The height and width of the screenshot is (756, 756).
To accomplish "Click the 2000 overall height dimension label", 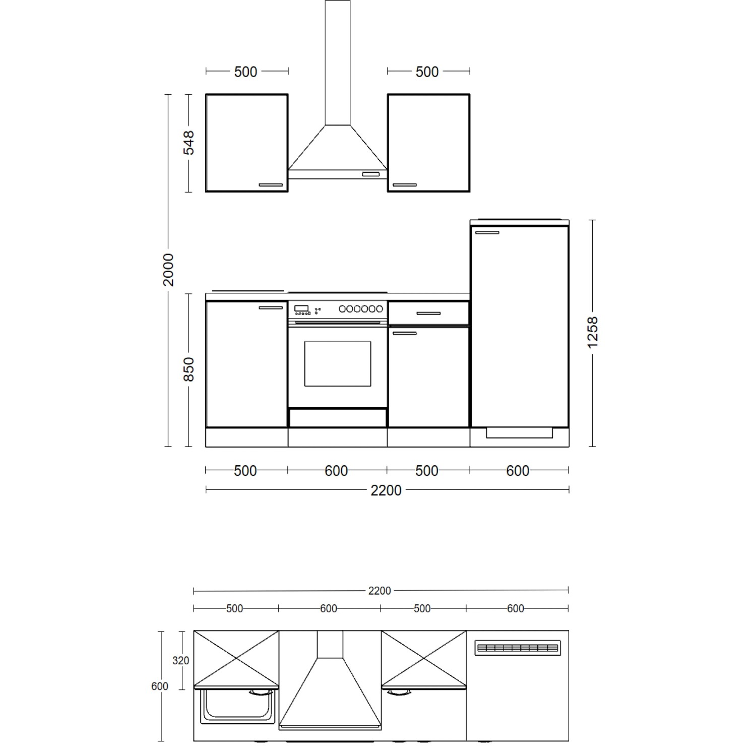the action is coord(168,270).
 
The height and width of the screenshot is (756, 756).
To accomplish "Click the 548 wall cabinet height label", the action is coord(188,143).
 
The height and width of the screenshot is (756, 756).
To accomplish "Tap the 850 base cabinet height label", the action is coord(188,369).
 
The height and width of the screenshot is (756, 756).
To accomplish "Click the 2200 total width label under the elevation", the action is coord(386,490).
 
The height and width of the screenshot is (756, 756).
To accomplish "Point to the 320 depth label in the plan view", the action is coord(180,660).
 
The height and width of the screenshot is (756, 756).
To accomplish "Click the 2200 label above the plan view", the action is coord(379,591).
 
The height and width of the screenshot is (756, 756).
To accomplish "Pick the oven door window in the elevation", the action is coord(338,364).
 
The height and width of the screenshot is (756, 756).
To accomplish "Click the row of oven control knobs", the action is coord(361,308).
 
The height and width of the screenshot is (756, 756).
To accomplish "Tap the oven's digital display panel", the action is coord(301,308).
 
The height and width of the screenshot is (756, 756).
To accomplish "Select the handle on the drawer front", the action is coord(428,313).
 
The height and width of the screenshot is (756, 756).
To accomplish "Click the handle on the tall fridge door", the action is coord(487,233).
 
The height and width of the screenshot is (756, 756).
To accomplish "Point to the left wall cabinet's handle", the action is coord(271,185).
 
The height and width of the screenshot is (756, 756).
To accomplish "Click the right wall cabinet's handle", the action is coord(405,185).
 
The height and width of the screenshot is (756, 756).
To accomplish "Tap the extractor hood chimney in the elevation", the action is coord(338,62).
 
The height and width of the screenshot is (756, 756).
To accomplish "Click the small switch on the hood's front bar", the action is coord(370,174).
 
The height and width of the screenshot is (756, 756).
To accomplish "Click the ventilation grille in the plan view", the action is coord(518,648).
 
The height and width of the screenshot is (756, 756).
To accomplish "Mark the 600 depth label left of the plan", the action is coord(160,686).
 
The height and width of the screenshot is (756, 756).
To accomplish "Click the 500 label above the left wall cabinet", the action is coord(246,72).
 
